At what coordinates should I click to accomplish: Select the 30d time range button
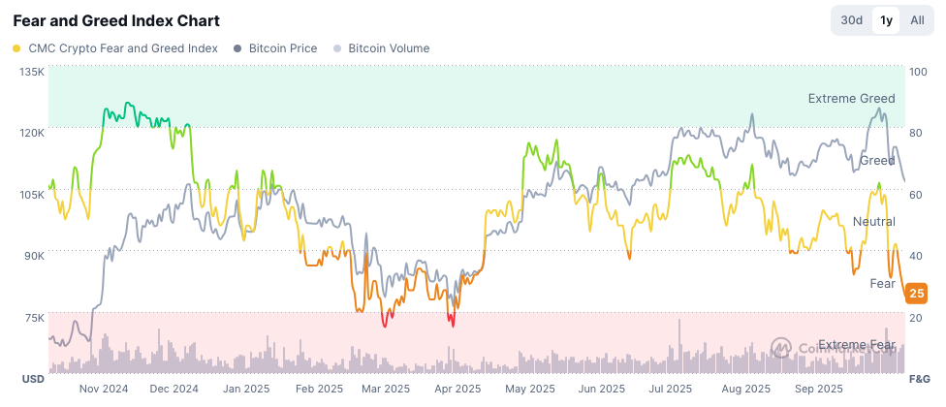click(x=852, y=20)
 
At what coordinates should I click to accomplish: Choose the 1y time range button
click(x=886, y=20)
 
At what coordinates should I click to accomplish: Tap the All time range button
click(x=916, y=20)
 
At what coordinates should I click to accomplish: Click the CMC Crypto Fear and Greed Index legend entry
click(x=115, y=47)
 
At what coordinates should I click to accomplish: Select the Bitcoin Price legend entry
click(x=275, y=47)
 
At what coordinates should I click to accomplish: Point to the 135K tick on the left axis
click(x=32, y=73)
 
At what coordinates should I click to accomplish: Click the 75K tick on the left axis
click(x=34, y=318)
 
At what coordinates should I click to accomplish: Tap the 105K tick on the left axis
click(x=32, y=195)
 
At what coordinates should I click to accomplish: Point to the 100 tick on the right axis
click(x=920, y=73)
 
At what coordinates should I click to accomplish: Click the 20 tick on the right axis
click(x=917, y=318)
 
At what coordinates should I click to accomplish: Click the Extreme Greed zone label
click(x=852, y=99)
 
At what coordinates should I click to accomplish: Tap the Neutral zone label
click(x=873, y=222)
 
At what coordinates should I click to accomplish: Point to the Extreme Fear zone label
click(x=855, y=345)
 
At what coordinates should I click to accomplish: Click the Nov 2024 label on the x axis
click(x=104, y=389)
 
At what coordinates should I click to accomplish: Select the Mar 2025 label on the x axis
click(x=385, y=389)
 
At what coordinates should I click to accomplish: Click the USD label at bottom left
click(x=33, y=378)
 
